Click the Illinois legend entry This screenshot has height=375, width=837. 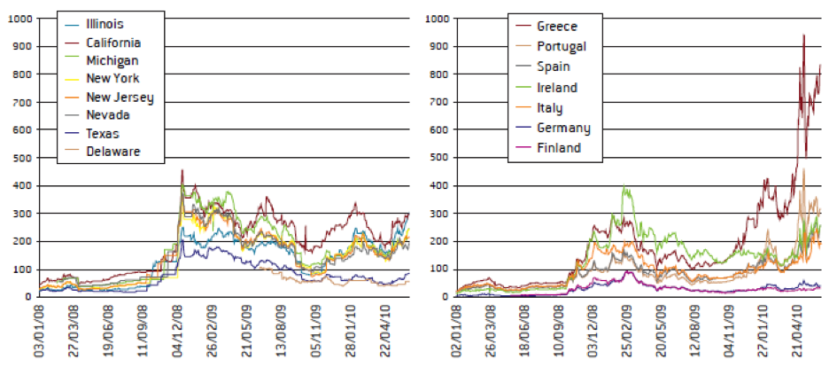point(104,25)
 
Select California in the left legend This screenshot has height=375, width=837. point(113,43)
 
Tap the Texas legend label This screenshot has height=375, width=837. point(103,133)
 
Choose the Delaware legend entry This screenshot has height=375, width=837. point(112,152)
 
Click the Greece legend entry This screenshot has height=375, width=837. point(557,27)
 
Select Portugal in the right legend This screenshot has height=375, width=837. point(562,46)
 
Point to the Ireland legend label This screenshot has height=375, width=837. point(558,87)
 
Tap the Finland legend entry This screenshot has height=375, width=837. point(559,147)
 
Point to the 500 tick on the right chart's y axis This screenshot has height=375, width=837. point(438,158)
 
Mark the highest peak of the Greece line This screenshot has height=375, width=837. point(803,35)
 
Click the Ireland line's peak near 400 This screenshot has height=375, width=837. point(625,186)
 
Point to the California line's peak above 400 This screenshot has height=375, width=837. point(182,170)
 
